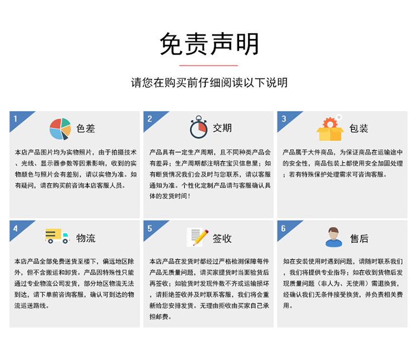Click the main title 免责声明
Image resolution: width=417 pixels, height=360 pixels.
[x=209, y=44]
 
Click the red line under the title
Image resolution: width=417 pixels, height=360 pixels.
[x=209, y=66]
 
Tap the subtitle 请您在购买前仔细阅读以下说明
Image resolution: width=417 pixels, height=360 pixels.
[x=209, y=83]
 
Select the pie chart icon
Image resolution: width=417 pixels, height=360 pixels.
[x=60, y=129]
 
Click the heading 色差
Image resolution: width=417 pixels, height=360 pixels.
[x=86, y=128]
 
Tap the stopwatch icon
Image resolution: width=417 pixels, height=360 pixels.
[x=198, y=127]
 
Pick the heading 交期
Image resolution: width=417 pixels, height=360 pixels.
[x=222, y=128]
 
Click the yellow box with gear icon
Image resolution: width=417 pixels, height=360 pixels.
[x=330, y=128]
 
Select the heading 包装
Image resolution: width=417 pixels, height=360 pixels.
[x=359, y=128]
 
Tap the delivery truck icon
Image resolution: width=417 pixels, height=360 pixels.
[x=57, y=236]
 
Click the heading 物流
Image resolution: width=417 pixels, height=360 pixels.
[x=86, y=238]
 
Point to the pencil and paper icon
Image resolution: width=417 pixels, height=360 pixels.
[x=197, y=237]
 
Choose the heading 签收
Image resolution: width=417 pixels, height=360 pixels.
[x=222, y=238]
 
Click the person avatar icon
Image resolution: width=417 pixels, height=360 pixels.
[x=334, y=237]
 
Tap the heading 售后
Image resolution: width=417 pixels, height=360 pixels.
[x=359, y=238]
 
